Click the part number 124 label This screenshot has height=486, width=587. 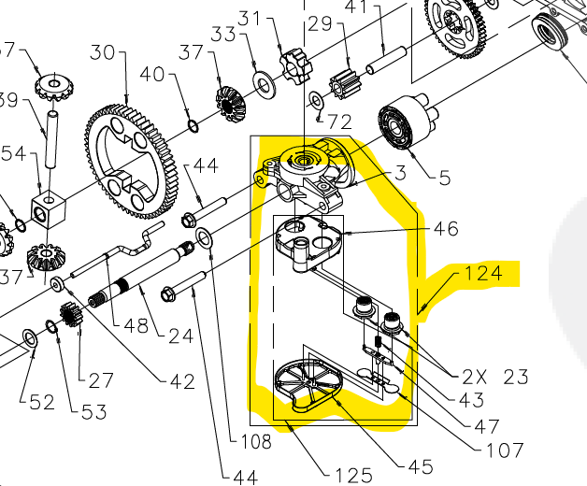pos(483,274)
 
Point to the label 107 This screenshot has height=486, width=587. pos(505,450)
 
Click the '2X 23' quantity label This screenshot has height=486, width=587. pos(494,378)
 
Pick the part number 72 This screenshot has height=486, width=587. pos(339,122)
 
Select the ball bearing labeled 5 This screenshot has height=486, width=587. pos(396,126)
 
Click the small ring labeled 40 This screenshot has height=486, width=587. pos(193,123)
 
